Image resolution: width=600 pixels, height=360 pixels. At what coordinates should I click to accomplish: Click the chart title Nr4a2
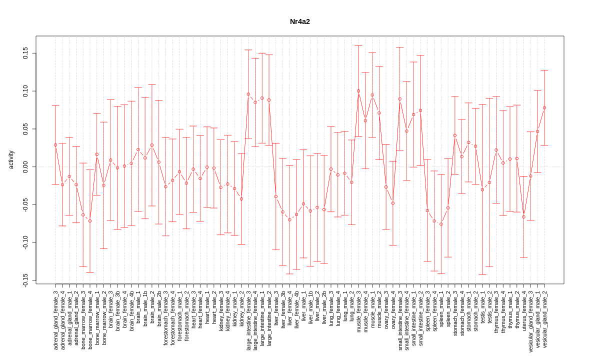point(300,21)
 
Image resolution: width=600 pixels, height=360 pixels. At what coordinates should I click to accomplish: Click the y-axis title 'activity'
point(11,159)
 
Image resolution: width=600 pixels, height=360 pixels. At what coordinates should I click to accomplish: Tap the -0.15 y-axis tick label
point(25,280)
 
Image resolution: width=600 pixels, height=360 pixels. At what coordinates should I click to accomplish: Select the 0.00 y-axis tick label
point(25,166)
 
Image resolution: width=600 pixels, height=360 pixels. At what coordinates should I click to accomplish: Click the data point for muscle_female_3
point(358,91)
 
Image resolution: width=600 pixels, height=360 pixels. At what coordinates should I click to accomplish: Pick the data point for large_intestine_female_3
point(248,94)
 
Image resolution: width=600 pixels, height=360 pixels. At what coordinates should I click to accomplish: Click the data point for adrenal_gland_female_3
point(55,145)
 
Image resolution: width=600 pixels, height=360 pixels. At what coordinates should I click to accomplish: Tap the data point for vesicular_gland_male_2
point(544,107)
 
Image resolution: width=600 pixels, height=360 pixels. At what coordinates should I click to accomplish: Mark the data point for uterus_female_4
point(524,216)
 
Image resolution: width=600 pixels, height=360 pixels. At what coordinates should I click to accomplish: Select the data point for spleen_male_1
point(441,224)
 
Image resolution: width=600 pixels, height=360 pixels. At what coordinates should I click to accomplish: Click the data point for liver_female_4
point(289,219)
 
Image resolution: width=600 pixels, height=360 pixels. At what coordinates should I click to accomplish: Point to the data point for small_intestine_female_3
point(400,99)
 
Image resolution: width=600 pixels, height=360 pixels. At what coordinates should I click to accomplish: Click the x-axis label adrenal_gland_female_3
point(55,320)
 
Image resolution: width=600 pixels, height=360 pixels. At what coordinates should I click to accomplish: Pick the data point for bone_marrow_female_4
point(90,221)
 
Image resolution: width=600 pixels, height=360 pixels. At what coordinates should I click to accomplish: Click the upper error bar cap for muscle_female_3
point(358,45)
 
